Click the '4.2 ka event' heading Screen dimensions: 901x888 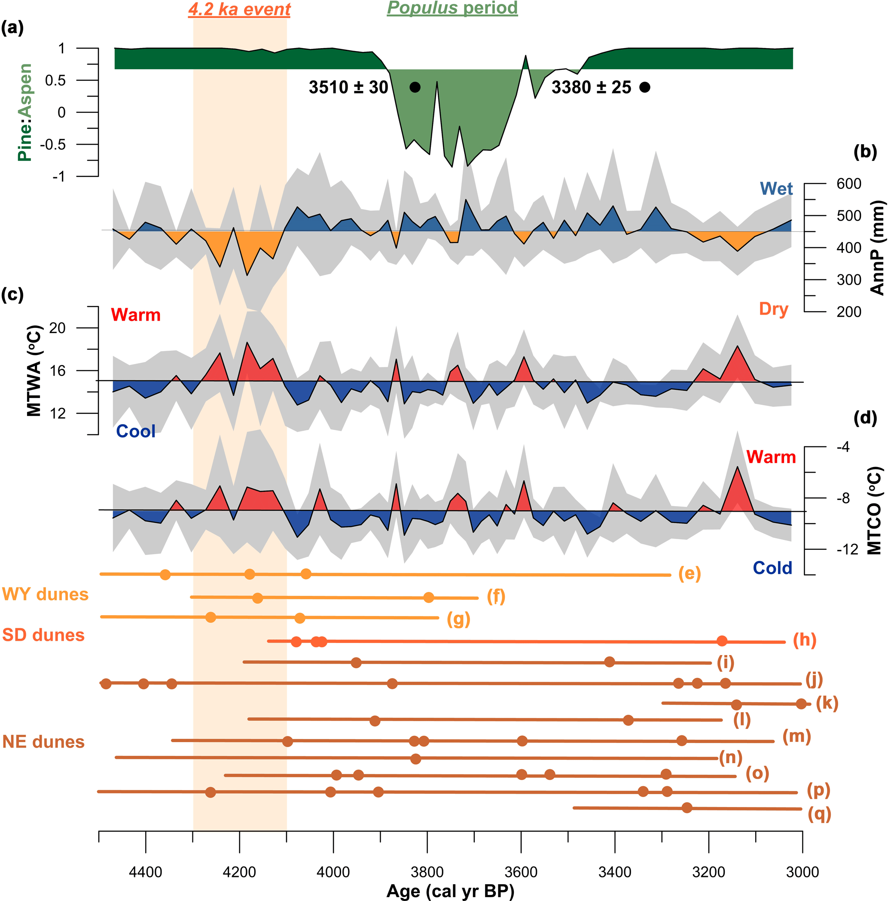tap(239, 9)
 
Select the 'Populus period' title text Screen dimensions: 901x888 tap(452, 8)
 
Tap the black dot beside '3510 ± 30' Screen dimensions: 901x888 tap(415, 87)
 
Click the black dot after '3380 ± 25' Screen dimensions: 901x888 tap(644, 87)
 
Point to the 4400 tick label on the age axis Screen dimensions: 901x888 tap(146, 872)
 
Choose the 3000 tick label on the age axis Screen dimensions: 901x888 tap(802, 872)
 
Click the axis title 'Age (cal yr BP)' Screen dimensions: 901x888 tap(450, 891)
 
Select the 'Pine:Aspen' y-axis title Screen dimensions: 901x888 tap(25, 112)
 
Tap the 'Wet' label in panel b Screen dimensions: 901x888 tap(776, 189)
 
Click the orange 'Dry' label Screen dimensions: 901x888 tap(773, 309)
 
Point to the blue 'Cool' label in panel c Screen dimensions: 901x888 tap(135, 431)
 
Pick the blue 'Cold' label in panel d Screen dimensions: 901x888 tap(772, 568)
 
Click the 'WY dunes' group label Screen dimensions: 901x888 tap(45, 594)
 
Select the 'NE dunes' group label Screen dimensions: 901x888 tap(43, 742)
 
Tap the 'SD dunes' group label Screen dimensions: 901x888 tap(43, 635)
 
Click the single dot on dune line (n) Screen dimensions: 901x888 tap(415, 759)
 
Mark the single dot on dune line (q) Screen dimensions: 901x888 tap(687, 808)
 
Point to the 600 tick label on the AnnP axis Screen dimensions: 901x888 tap(849, 184)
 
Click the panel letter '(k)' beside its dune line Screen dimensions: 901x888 tap(827, 703)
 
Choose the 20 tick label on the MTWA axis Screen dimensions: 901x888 tap(58, 328)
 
